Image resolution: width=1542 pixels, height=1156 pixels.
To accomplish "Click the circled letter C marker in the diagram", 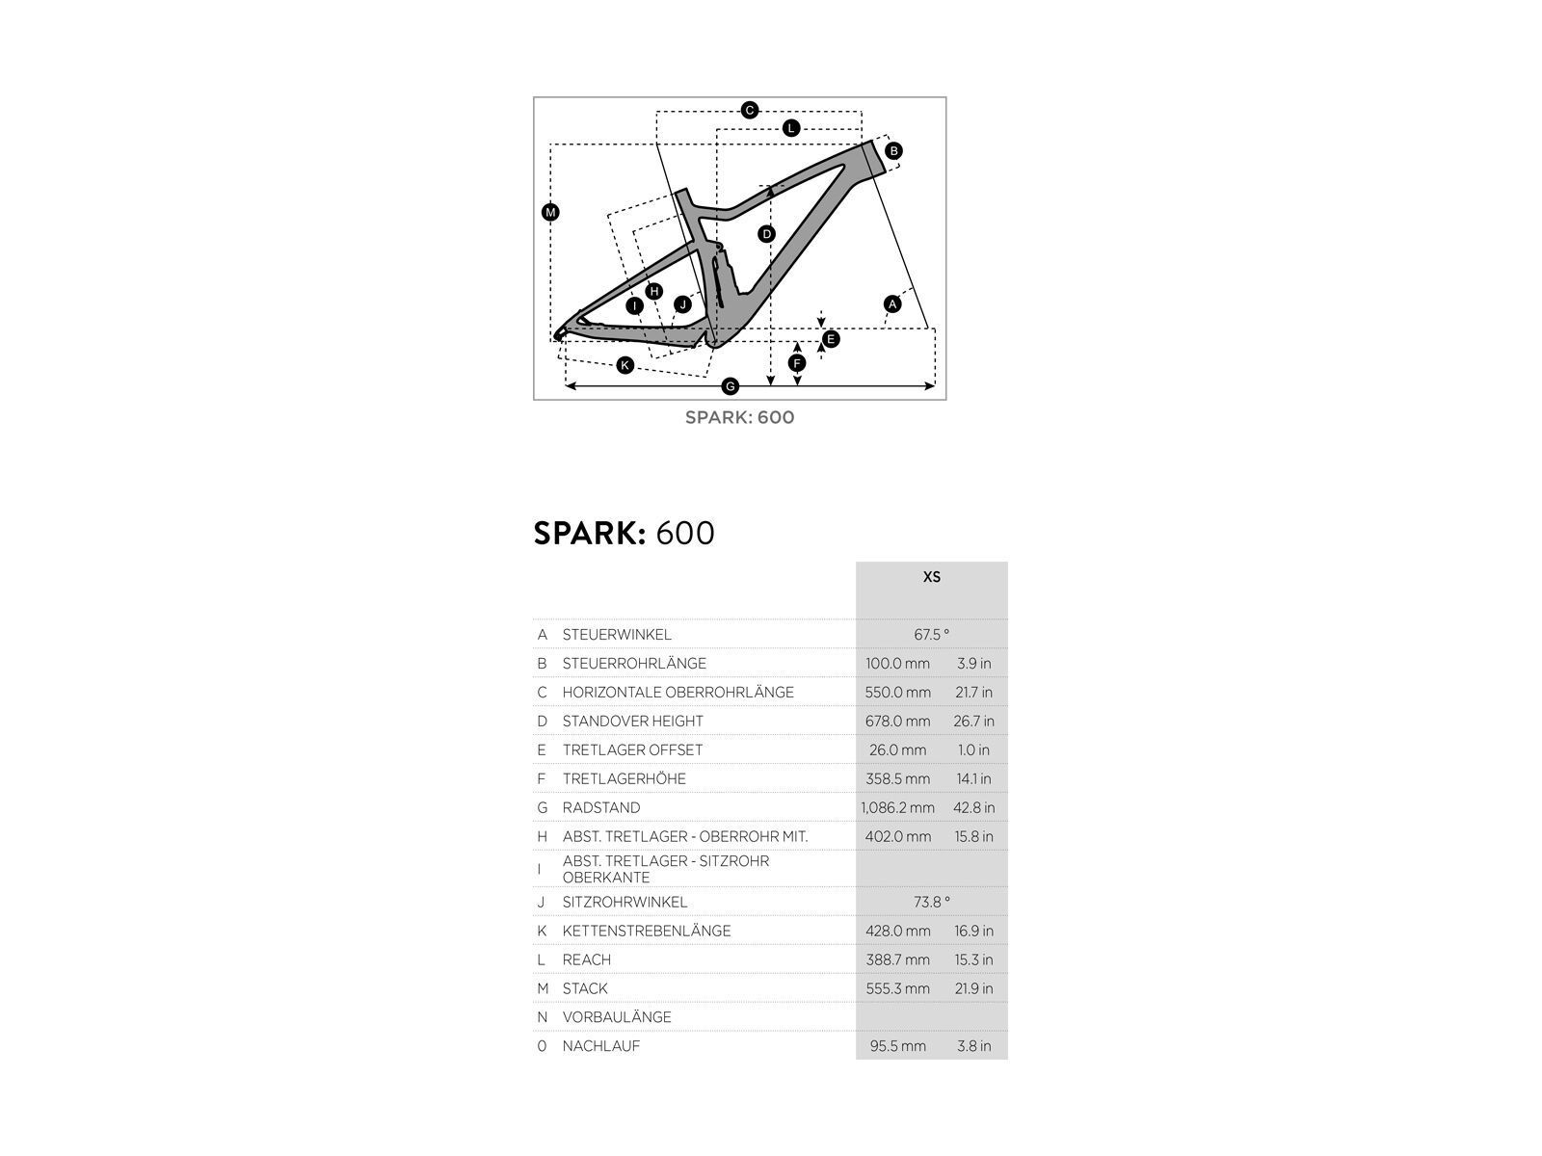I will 750,111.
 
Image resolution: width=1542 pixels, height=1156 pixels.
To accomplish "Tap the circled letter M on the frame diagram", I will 550,213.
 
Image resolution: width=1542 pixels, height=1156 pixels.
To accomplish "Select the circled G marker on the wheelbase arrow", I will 730,386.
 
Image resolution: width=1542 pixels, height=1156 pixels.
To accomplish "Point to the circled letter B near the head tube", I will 893,151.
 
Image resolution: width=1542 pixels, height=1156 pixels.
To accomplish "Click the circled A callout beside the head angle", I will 892,304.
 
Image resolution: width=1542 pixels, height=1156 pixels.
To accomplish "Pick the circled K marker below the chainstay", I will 625,365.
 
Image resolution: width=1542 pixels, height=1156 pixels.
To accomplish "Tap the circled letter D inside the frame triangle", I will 767,234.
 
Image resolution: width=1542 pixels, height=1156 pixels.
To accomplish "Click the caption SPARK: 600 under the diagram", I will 739,417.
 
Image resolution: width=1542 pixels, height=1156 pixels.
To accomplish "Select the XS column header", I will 931,577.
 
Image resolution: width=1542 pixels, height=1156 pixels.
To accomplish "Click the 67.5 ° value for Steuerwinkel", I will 931,635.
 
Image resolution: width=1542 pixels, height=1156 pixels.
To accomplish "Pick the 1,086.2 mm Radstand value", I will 897,808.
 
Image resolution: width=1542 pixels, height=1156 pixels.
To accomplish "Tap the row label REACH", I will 587,959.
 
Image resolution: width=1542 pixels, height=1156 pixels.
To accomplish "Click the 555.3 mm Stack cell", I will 897,988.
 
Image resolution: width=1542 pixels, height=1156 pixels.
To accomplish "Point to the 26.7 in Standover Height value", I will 973,722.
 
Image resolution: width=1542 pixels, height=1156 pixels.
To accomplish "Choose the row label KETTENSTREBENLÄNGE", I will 647,931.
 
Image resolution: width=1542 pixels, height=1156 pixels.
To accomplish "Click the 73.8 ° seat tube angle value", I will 931,902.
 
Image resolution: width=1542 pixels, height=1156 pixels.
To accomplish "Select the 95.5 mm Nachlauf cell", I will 897,1046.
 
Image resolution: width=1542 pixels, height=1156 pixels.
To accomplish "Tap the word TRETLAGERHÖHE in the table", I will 625,779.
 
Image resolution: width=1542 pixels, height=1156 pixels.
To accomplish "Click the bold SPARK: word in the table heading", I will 589,533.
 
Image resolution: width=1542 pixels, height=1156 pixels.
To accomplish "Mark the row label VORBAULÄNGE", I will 617,1017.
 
